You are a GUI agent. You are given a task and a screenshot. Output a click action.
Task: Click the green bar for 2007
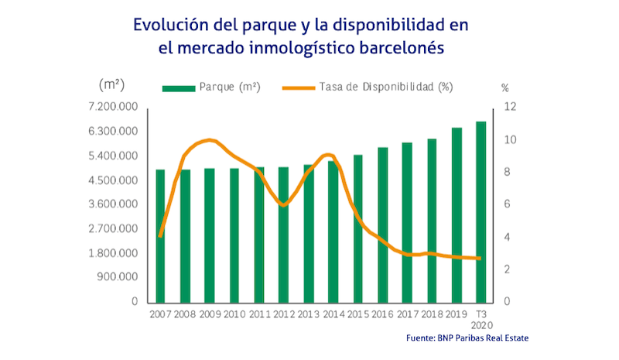pyautogui.click(x=160, y=235)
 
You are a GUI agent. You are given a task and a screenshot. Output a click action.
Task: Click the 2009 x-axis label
pyautogui.click(x=209, y=315)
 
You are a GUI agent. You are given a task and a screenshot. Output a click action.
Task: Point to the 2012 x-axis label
pyautogui.click(x=283, y=315)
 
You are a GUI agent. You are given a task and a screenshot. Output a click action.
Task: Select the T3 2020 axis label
pyautogui.click(x=481, y=321)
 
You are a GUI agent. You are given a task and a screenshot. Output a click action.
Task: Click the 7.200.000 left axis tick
pyautogui.click(x=115, y=106)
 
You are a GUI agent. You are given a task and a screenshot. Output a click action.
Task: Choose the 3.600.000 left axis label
pyautogui.click(x=115, y=204)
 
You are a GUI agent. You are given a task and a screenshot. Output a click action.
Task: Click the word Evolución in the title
pyautogui.click(x=171, y=24)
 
